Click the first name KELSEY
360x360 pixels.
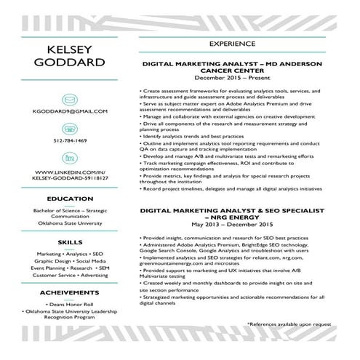(70, 49)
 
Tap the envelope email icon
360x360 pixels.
(70, 97)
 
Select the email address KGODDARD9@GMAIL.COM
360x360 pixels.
(70, 111)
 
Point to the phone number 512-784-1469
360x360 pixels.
(70, 140)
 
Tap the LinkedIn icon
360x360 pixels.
(70, 157)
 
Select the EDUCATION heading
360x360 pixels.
(70, 198)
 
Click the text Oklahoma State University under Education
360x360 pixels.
(70, 224)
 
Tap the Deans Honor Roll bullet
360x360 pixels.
(70, 304)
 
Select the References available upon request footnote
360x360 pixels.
(289, 324)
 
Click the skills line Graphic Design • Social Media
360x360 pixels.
(70, 260)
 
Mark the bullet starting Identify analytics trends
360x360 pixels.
(193, 136)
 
